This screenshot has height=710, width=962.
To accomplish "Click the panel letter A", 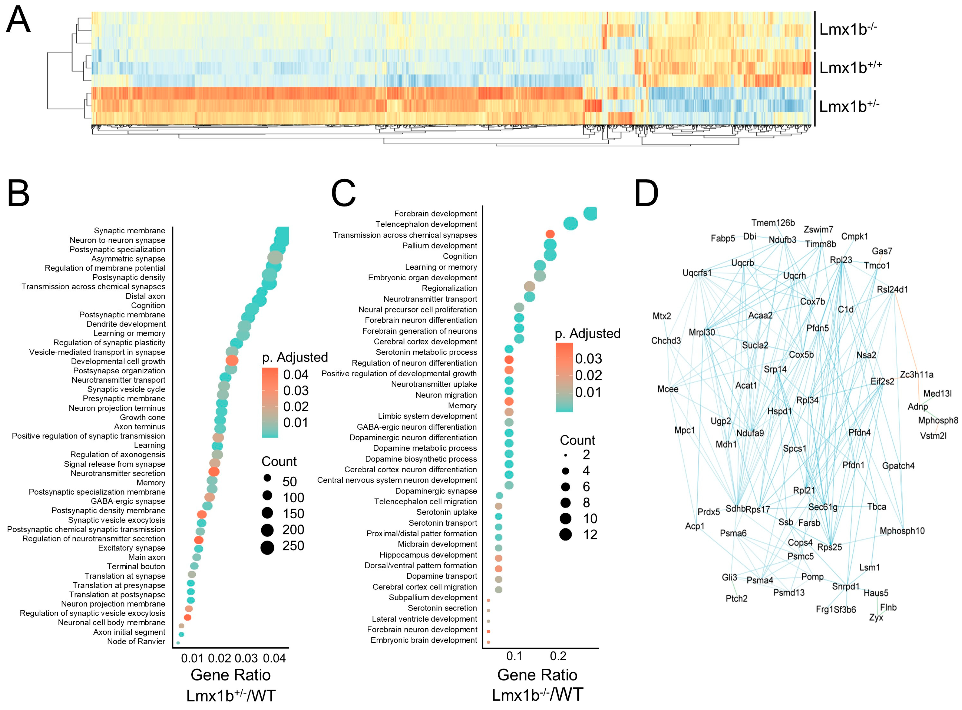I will pos(18,20).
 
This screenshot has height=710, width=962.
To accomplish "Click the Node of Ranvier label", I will pos(136,641).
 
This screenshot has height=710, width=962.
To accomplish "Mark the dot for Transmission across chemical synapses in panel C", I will pos(550,234).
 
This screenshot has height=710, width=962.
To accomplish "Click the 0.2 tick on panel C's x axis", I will pos(558,656).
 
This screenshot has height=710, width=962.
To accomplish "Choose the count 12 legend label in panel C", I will pos(590,535).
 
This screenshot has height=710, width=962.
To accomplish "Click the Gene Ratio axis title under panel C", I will pos(537,675).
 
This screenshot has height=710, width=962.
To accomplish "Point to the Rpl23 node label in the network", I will pos(840,260).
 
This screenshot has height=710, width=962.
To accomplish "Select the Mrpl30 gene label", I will pos(702,332).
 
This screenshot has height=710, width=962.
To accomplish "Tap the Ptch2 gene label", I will pos(736,598).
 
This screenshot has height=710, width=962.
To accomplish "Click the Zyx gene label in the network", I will pos(876,618).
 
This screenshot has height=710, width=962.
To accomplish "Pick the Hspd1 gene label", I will pos(779,411).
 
